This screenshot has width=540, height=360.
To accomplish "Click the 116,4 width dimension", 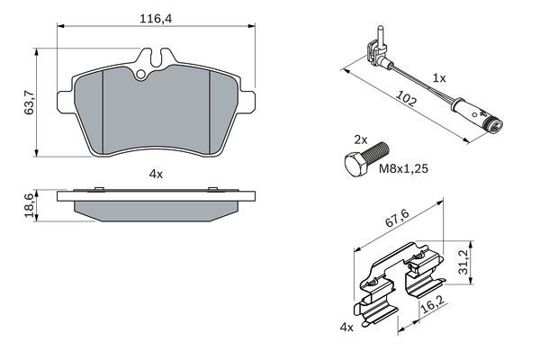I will (x=154, y=16).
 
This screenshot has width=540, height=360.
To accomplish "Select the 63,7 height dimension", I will (x=29, y=97).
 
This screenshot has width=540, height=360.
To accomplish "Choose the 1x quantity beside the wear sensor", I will (x=439, y=78).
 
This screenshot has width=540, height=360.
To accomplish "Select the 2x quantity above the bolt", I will (x=360, y=141).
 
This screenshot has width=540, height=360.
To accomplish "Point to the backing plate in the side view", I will (x=155, y=195).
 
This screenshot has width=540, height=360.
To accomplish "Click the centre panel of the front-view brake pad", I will (x=156, y=112).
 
